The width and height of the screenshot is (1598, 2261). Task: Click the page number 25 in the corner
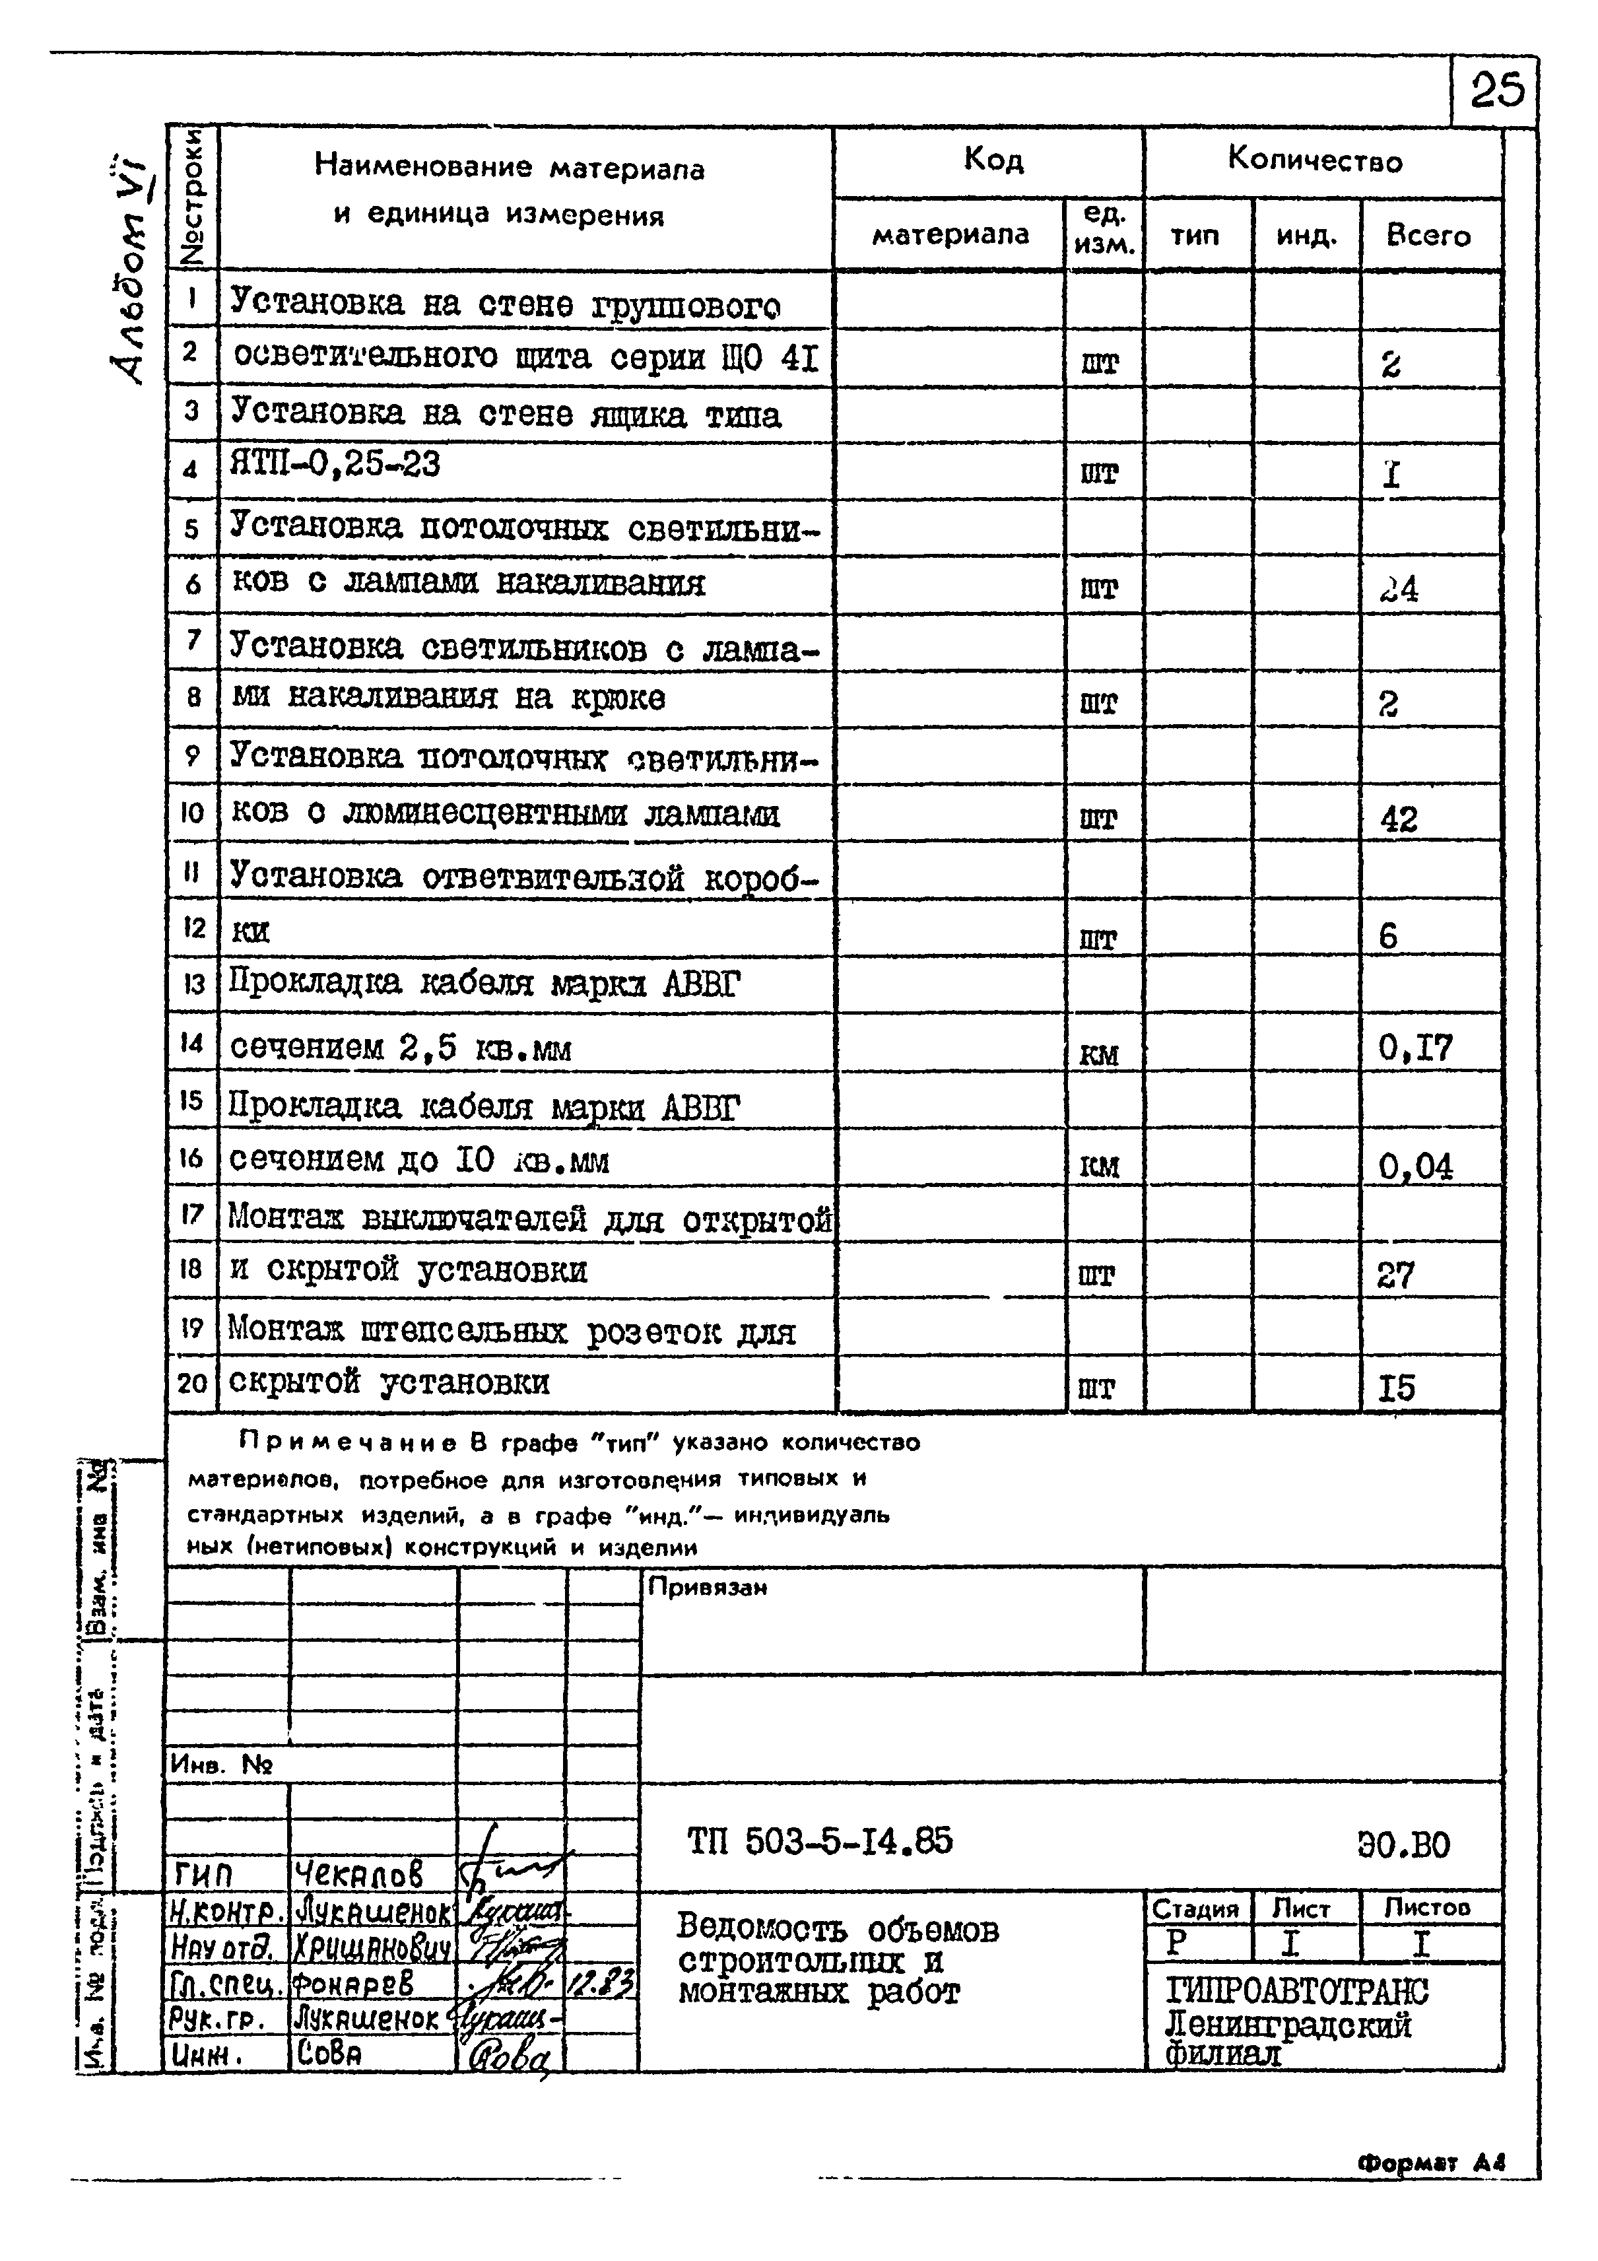pos(1496,90)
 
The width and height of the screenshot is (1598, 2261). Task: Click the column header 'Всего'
pos(1428,236)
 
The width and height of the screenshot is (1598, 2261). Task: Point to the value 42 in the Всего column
pos(1399,819)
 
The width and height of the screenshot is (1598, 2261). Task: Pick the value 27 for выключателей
pos(1395,1275)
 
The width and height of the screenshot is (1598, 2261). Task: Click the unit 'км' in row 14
pos(1099,1055)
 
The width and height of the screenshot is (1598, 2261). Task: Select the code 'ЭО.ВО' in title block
pos(1403,1844)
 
